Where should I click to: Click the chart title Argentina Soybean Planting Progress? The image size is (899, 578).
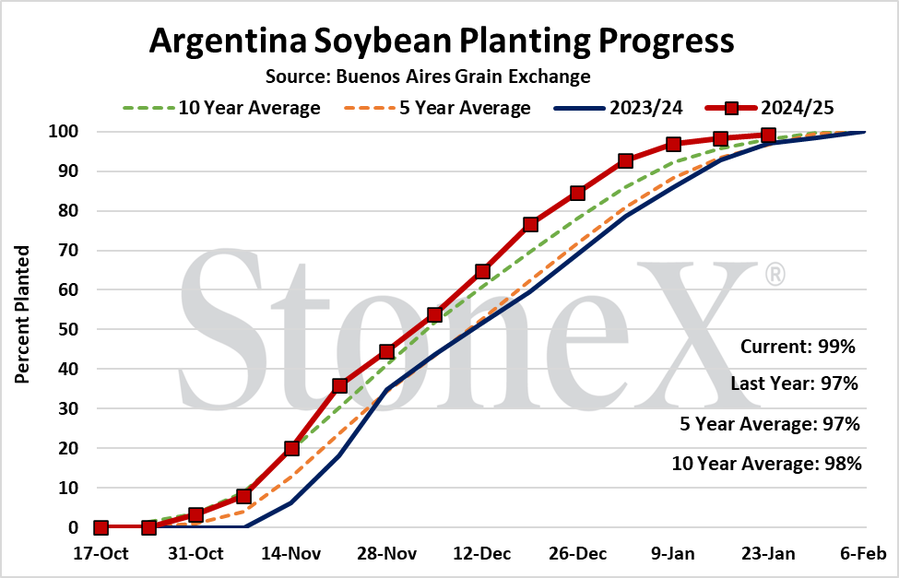(x=442, y=41)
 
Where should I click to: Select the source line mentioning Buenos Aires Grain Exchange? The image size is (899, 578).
(x=428, y=77)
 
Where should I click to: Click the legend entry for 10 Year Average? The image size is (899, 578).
(x=221, y=108)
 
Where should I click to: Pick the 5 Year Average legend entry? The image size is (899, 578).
(x=437, y=108)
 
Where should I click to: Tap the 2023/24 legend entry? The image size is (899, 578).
(x=618, y=108)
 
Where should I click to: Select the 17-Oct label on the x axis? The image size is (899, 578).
(x=101, y=554)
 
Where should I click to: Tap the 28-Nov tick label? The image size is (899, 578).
(x=387, y=554)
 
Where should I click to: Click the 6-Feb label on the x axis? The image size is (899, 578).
(x=863, y=554)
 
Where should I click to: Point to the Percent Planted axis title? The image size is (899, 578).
(x=22, y=314)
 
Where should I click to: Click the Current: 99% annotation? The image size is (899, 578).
(x=798, y=347)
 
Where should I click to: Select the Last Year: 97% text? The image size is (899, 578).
(x=794, y=383)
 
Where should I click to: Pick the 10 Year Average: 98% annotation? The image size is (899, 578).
(x=766, y=464)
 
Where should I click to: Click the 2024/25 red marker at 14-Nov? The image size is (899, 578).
(x=292, y=448)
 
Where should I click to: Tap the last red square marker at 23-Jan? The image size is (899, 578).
(x=768, y=136)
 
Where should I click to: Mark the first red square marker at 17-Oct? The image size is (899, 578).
(x=101, y=527)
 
